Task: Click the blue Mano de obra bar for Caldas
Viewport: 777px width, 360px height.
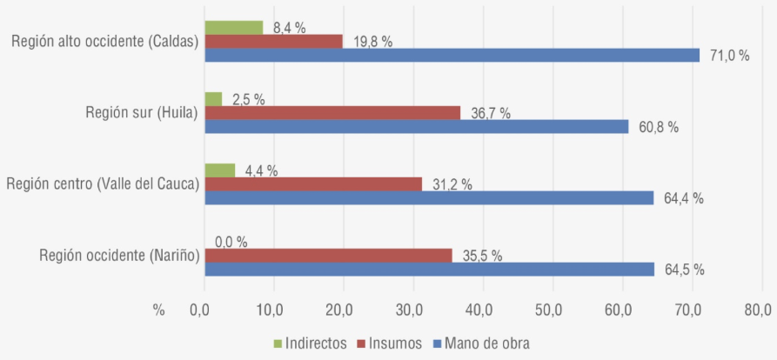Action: [x=452, y=55]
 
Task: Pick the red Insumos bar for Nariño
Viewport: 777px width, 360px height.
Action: [x=328, y=255]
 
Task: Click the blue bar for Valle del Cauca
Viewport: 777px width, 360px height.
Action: [x=428, y=197]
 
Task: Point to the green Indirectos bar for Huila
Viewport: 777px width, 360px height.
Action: [x=213, y=99]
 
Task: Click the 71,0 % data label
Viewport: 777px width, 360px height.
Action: [x=729, y=56]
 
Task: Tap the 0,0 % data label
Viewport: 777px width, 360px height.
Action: [x=231, y=242]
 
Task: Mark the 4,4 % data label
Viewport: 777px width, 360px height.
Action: [x=260, y=170]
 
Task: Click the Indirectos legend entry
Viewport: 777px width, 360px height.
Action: [x=312, y=343]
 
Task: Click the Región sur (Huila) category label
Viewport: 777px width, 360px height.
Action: [x=142, y=113]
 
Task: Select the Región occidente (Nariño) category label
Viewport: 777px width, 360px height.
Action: [x=120, y=255]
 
